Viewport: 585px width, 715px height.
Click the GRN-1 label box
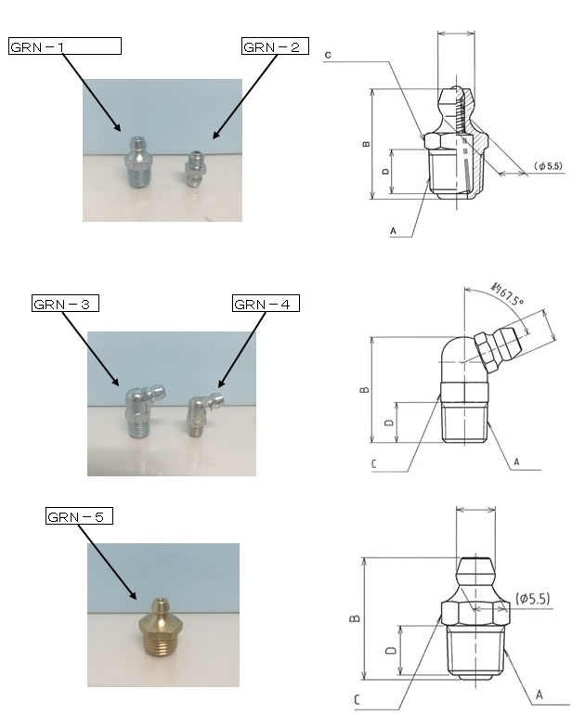pos(65,46)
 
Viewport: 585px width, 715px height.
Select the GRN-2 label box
pos(275,46)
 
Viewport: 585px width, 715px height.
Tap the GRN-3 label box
pos(65,304)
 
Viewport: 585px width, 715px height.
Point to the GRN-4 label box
pos(266,304)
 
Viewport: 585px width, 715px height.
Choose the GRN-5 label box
pos(79,515)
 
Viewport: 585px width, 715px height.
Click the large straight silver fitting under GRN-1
pos(137,162)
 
